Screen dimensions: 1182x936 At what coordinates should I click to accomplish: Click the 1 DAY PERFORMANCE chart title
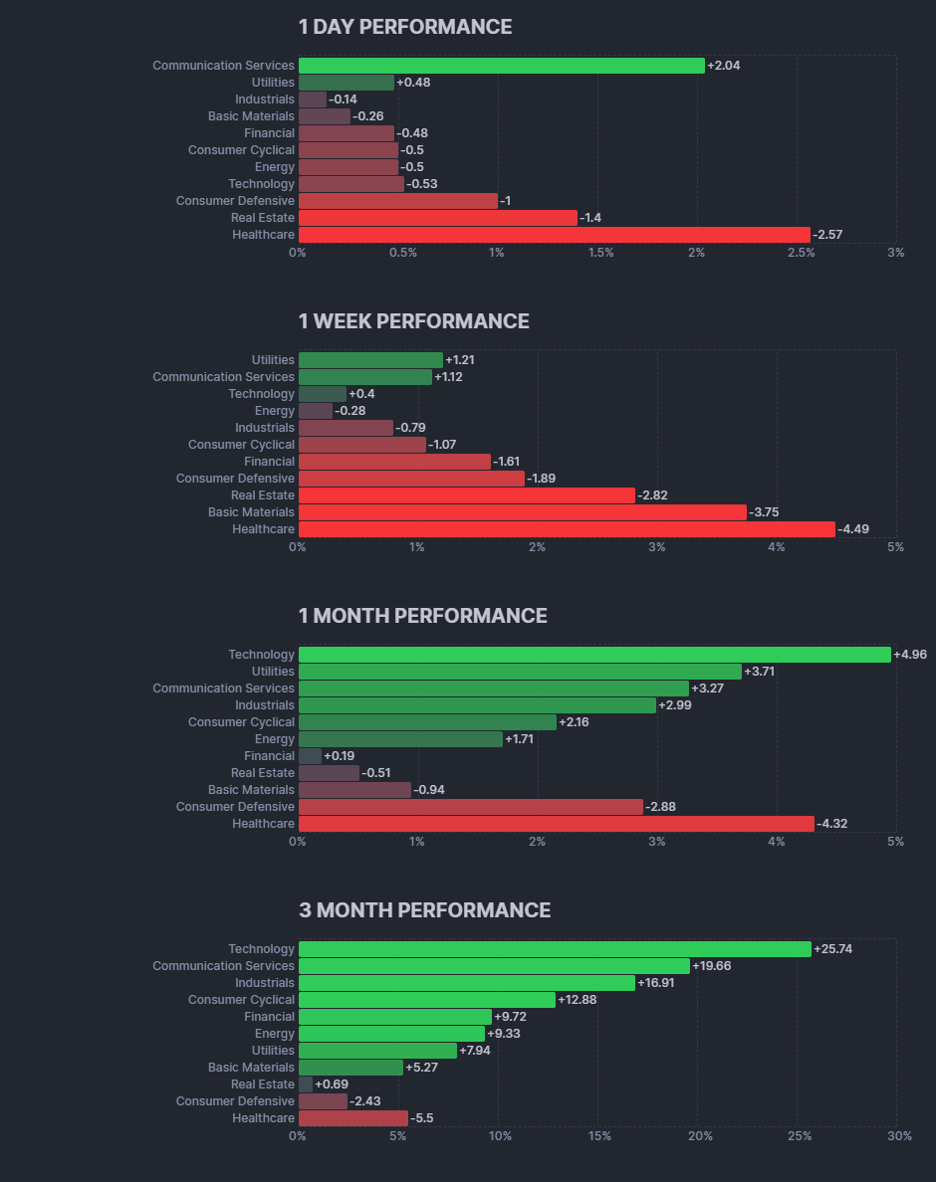pyautogui.click(x=405, y=27)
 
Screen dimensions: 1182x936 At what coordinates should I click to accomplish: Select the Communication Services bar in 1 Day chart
pyautogui.click(x=501, y=66)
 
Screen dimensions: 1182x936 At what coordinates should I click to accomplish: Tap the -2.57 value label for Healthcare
pyautogui.click(x=827, y=235)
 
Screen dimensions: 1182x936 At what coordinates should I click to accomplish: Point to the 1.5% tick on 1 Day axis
pyautogui.click(x=600, y=253)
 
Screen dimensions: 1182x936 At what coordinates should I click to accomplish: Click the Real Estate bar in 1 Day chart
pyautogui.click(x=437, y=218)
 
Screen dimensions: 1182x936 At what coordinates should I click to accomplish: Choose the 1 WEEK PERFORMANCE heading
pyautogui.click(x=413, y=321)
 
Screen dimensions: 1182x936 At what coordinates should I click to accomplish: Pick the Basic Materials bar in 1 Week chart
pyautogui.click(x=522, y=512)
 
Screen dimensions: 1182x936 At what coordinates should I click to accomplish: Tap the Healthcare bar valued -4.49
pyautogui.click(x=567, y=529)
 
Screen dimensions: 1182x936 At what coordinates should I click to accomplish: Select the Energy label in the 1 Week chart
pyautogui.click(x=275, y=411)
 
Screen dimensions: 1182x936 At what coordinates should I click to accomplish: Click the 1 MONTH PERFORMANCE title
pyautogui.click(x=422, y=616)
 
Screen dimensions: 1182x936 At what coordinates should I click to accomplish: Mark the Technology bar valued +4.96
pyautogui.click(x=594, y=655)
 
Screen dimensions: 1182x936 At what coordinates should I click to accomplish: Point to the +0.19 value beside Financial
pyautogui.click(x=340, y=756)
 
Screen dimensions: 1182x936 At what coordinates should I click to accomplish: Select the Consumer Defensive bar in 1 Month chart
pyautogui.click(x=470, y=807)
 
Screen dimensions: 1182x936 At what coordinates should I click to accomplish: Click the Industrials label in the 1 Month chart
pyautogui.click(x=265, y=705)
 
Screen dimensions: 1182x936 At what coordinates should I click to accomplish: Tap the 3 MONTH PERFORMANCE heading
pyautogui.click(x=424, y=910)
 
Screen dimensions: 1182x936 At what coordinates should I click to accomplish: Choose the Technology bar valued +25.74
pyautogui.click(x=555, y=949)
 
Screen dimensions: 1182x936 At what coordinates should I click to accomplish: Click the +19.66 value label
pyautogui.click(x=712, y=966)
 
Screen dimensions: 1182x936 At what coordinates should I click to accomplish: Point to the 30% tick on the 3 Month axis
pyautogui.click(x=899, y=1136)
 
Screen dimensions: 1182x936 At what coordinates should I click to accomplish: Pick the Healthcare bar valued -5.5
pyautogui.click(x=352, y=1118)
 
